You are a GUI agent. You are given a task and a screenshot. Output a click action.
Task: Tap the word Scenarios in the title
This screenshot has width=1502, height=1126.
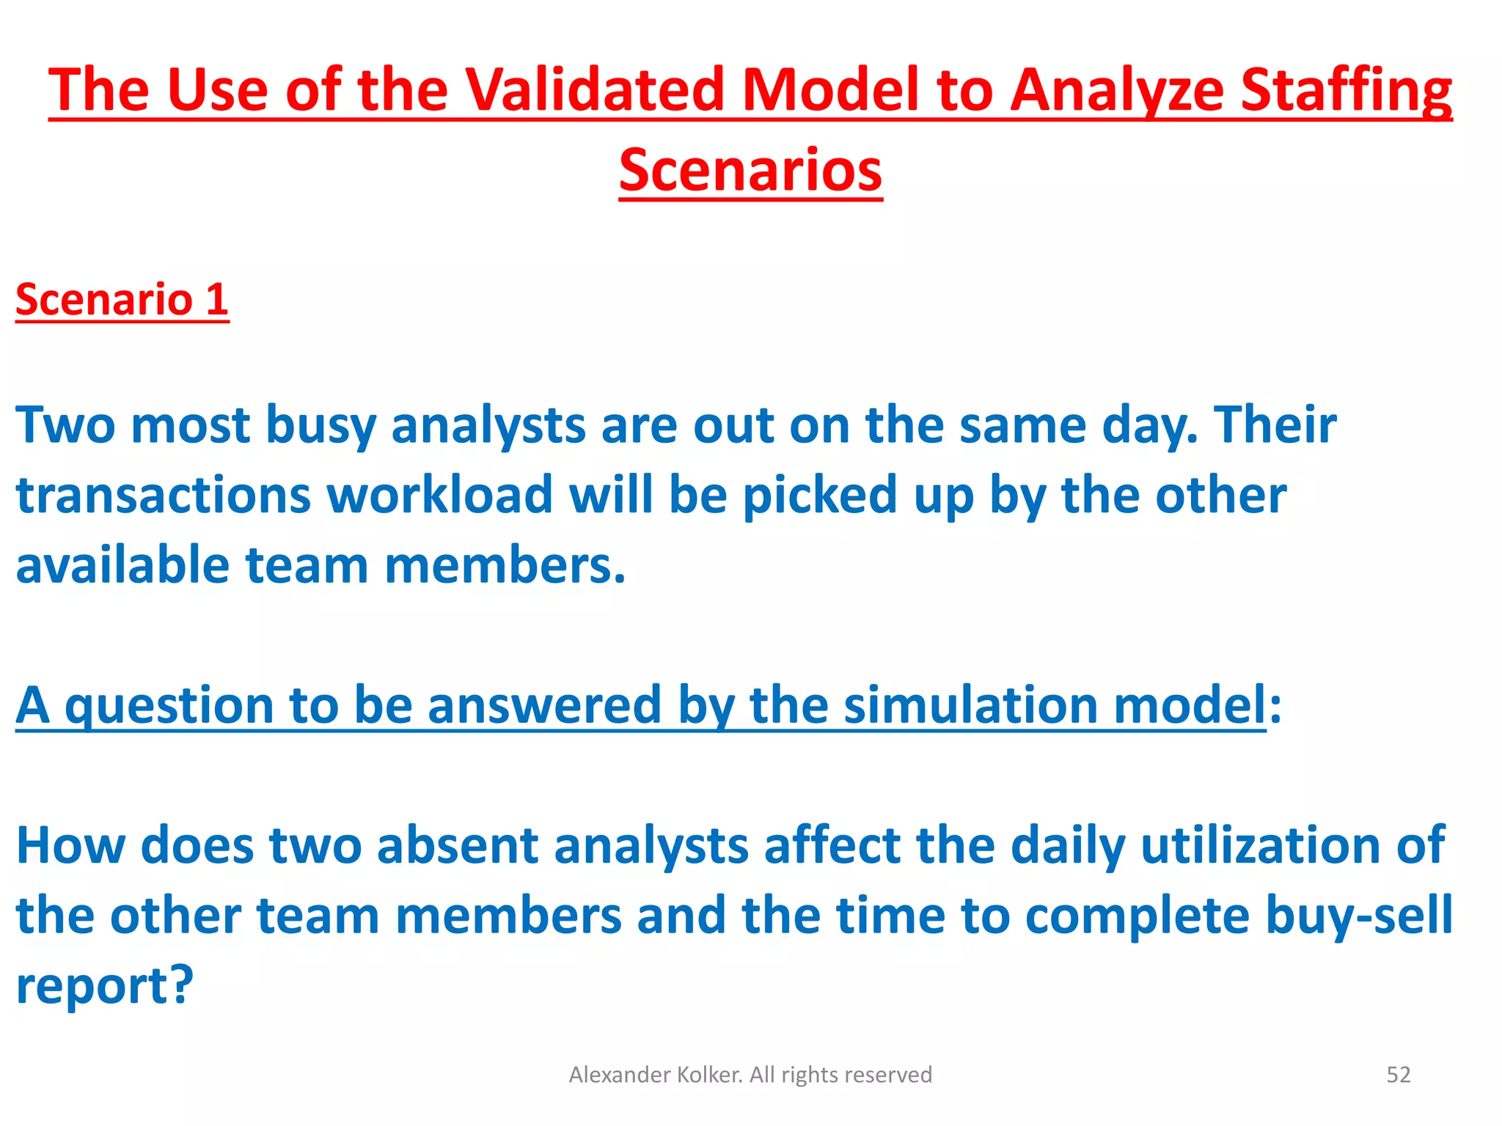(750, 171)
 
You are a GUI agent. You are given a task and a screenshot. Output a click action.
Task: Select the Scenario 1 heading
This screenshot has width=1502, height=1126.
(122, 300)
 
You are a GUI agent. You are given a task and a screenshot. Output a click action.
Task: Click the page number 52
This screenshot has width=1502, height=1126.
(1398, 1075)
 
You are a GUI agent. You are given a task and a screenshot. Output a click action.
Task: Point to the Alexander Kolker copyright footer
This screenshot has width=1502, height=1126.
(750, 1075)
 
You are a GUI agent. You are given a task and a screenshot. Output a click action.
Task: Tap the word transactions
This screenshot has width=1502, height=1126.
(163, 496)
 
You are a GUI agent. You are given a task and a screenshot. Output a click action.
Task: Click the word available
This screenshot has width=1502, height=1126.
(122, 566)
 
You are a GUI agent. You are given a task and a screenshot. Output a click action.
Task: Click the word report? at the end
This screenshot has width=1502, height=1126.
(104, 987)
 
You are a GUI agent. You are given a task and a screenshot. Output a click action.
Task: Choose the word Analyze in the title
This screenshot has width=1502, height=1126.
(1117, 91)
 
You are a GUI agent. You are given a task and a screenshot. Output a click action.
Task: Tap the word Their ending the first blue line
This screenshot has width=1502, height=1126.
(1275, 426)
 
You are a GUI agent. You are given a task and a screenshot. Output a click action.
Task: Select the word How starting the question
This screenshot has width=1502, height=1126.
(70, 846)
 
